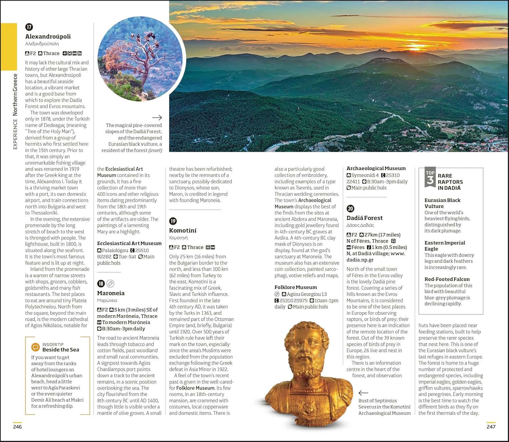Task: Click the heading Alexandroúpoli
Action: tap(48, 37)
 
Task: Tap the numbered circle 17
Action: tap(29, 27)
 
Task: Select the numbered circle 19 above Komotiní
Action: tap(173, 221)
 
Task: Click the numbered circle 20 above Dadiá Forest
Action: tap(351, 209)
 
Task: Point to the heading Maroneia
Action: tap(111, 293)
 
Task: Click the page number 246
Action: tap(17, 427)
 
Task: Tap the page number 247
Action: tap(491, 427)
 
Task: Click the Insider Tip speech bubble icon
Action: tap(35, 347)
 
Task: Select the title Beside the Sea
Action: tap(61, 350)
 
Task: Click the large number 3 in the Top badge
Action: tap(430, 180)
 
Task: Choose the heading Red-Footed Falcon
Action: tap(447, 279)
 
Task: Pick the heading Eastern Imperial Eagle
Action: tap(445, 246)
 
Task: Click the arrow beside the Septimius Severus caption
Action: tap(363, 393)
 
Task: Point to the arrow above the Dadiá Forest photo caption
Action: tap(157, 118)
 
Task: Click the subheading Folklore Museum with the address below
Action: tap(296, 287)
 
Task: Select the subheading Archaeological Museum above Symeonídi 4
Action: tap(376, 168)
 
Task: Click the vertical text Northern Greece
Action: tap(15, 95)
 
